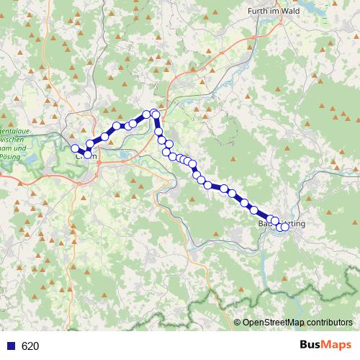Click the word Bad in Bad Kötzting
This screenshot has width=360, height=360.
pyautogui.click(x=264, y=224)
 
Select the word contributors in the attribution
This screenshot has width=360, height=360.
pyautogui.click(x=330, y=323)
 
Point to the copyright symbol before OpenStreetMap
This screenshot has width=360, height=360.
pyautogui.click(x=238, y=323)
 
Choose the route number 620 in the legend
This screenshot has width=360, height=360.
pyautogui.click(x=30, y=346)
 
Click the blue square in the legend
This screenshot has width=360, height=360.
pyautogui.click(x=11, y=346)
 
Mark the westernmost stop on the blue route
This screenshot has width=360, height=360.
pyautogui.click(x=75, y=148)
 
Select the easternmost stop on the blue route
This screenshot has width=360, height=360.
pyautogui.click(x=284, y=227)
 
